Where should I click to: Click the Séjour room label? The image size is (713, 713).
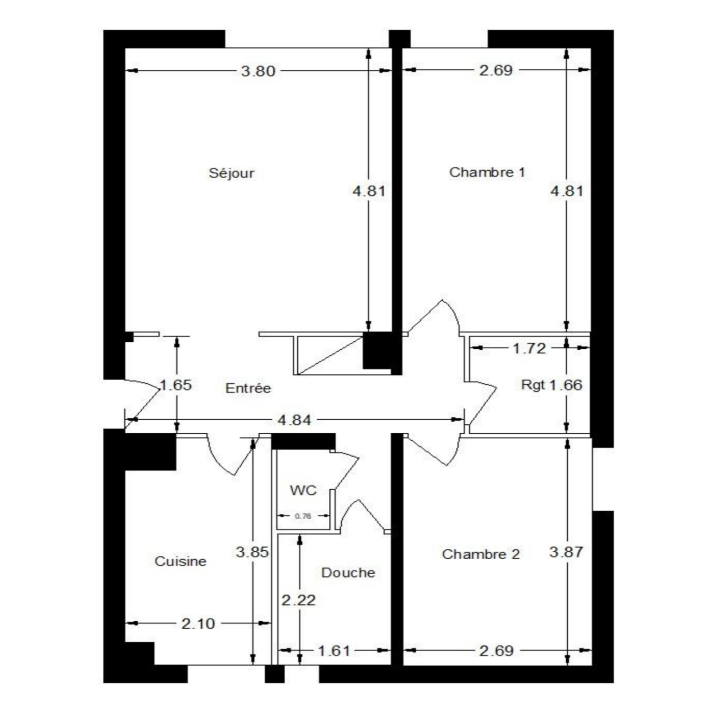[x=231, y=173]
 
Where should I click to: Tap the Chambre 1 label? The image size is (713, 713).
[x=487, y=172]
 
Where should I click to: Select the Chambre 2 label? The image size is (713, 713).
[x=481, y=554]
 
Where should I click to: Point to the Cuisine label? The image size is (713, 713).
[x=180, y=561]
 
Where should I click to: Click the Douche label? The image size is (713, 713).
[x=348, y=573]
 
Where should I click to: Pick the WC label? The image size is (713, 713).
[x=303, y=490]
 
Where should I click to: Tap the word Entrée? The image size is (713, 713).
[x=248, y=388]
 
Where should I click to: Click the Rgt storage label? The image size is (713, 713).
[x=533, y=385]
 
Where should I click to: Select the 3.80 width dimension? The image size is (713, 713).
[x=258, y=71]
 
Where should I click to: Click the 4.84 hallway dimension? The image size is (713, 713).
[x=294, y=420]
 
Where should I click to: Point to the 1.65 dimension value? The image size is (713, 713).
[x=176, y=385]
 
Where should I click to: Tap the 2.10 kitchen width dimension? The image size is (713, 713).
[x=198, y=623]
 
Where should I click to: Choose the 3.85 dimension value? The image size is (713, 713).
[x=253, y=552]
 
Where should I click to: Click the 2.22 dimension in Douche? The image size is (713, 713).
[x=299, y=600]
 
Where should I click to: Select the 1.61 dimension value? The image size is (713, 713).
[x=334, y=651]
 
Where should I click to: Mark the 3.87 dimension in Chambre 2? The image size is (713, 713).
[x=566, y=552]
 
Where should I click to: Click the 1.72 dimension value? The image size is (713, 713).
[x=529, y=348]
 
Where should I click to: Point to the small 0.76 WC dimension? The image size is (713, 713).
[x=303, y=516]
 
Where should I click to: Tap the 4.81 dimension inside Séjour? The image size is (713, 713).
[x=369, y=191]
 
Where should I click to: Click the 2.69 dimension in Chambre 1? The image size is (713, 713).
[x=496, y=70]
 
